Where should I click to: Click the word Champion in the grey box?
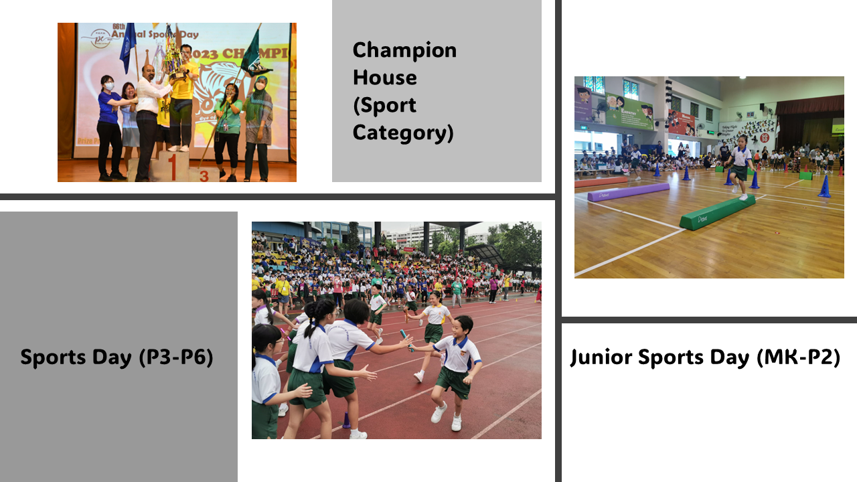click(x=404, y=50)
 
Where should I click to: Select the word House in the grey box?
click(x=384, y=78)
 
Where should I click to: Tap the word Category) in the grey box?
click(x=403, y=133)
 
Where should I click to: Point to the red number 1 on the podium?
click(x=173, y=167)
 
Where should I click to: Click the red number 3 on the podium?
click(x=204, y=176)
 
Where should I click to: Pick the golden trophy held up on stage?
click(x=173, y=54)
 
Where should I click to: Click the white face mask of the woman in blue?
click(x=109, y=86)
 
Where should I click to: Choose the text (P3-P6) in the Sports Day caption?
click(x=176, y=357)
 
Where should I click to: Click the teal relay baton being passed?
click(x=406, y=339)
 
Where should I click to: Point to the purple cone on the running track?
click(x=346, y=420)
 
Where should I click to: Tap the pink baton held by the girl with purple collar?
click(x=285, y=333)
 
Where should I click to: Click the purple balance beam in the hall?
click(x=629, y=191)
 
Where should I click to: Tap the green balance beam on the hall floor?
click(x=717, y=212)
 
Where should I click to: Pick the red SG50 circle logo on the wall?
click(x=765, y=138)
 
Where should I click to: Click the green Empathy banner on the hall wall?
click(x=629, y=111)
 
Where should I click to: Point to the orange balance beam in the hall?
click(x=601, y=181)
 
